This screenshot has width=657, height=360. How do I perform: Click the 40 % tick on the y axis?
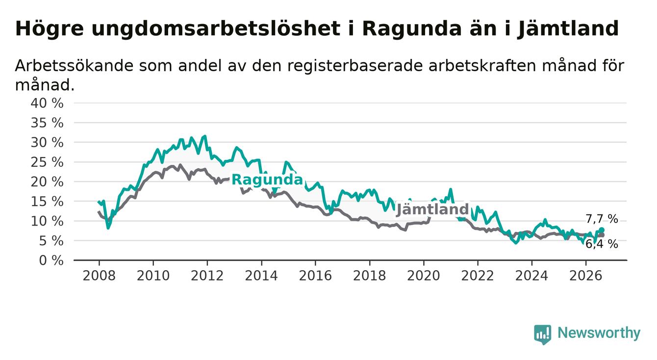pyautogui.click(x=47, y=103)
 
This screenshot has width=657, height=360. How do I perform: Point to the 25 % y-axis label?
pyautogui.click(x=47, y=162)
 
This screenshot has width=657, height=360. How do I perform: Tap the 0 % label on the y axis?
pyautogui.click(x=51, y=260)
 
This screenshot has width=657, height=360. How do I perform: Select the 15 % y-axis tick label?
pyautogui.click(x=47, y=202)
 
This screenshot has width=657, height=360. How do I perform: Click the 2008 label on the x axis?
pyautogui.click(x=99, y=276)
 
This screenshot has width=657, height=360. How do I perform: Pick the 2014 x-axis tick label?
pyautogui.click(x=261, y=276)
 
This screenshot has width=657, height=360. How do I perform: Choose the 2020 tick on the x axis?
pyautogui.click(x=424, y=276)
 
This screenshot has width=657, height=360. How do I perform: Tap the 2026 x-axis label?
pyautogui.click(x=586, y=276)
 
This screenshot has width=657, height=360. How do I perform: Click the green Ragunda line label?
pyautogui.click(x=267, y=180)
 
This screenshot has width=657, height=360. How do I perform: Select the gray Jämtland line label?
pyautogui.click(x=432, y=209)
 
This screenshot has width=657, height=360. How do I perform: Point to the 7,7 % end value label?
pyautogui.click(x=602, y=219)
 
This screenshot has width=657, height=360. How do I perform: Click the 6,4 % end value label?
pyautogui.click(x=602, y=244)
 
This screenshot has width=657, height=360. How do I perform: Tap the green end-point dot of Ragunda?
pyautogui.click(x=602, y=230)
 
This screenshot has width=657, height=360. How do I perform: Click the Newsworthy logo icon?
pyautogui.click(x=543, y=334)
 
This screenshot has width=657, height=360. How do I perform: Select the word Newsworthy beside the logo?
pyautogui.click(x=599, y=333)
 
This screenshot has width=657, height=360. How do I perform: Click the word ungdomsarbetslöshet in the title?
pyautogui.click(x=216, y=29)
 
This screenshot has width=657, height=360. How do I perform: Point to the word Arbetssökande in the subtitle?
pyautogui.click(x=75, y=65)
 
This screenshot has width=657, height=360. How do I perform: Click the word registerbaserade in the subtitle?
pyautogui.click(x=354, y=66)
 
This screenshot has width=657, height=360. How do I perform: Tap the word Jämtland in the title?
pyautogui.click(x=568, y=29)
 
